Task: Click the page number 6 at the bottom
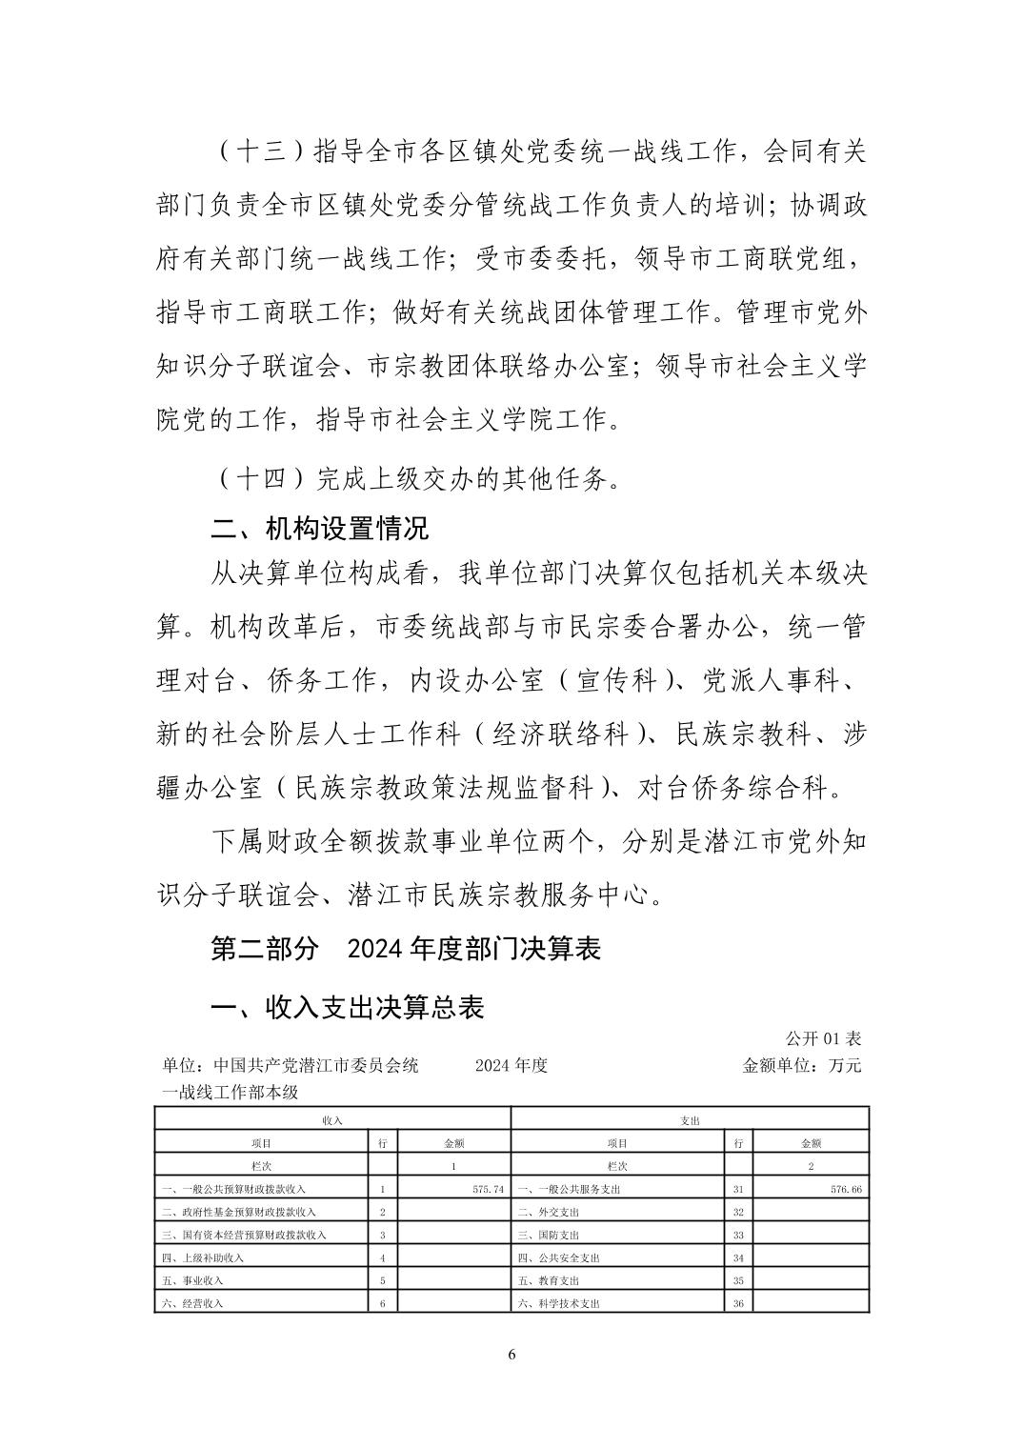511,1355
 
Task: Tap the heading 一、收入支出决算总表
347,1007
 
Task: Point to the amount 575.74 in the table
487,1190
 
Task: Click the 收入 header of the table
332,1120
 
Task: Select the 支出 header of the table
691,1120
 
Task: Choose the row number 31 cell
738,1190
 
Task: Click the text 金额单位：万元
801,1065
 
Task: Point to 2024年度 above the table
511,1065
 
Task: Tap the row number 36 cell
738,1303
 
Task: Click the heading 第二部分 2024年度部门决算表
405,949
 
